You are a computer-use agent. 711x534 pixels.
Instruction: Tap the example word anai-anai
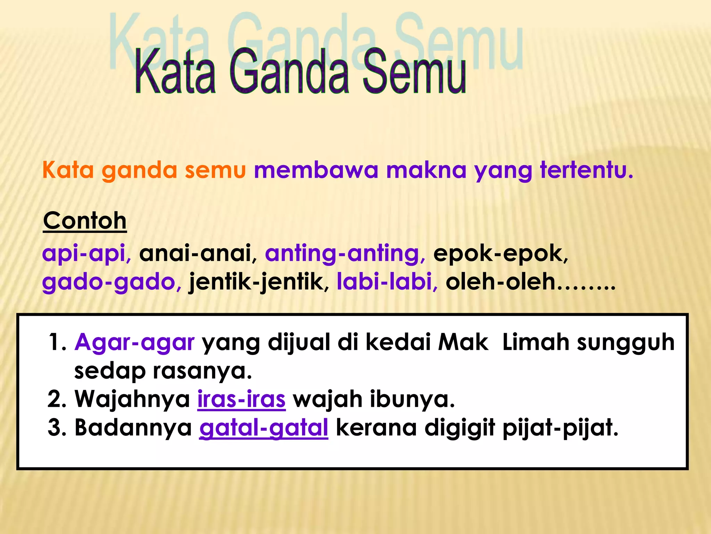pyautogui.click(x=195, y=253)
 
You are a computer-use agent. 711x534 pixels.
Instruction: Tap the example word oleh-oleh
pyautogui.click(x=500, y=282)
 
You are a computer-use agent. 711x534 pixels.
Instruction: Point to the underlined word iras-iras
pyautogui.click(x=241, y=399)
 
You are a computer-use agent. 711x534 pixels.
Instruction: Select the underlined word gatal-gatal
pyautogui.click(x=264, y=428)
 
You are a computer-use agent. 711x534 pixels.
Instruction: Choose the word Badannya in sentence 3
pyautogui.click(x=133, y=428)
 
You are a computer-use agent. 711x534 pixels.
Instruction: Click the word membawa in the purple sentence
pyautogui.click(x=316, y=171)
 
